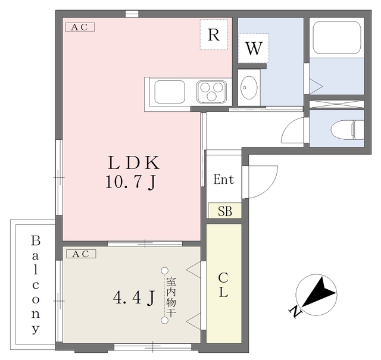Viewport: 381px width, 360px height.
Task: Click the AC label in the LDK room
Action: click(80, 27)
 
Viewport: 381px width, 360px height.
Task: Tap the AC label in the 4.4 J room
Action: click(81, 254)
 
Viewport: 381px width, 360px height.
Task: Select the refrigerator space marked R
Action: click(214, 35)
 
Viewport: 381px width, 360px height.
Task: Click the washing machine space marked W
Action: click(254, 48)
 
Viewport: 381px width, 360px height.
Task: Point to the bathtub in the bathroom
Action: click(337, 37)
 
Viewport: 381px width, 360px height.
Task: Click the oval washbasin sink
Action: click(249, 87)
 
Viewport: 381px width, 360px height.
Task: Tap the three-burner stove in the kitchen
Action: click(212, 91)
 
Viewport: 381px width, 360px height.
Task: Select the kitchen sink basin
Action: click(170, 92)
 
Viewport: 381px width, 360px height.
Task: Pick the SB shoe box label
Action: click(225, 211)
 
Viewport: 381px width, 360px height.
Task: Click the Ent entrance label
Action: click(224, 180)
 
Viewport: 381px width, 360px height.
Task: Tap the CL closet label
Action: click(223, 284)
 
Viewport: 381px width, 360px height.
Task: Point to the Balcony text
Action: click(36, 285)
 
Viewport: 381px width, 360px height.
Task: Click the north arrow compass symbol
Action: click(316, 295)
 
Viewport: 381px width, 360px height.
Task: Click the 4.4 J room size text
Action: click(134, 298)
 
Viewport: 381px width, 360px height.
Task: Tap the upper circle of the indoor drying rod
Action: click(165, 270)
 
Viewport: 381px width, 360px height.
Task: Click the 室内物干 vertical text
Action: click(171, 297)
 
